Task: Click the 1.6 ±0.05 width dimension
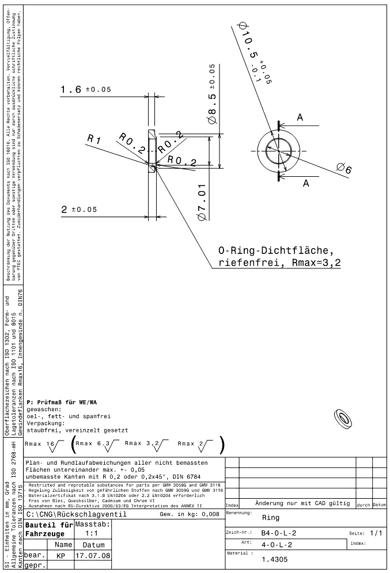tap(85, 90)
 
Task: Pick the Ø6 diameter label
tap(344, 168)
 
